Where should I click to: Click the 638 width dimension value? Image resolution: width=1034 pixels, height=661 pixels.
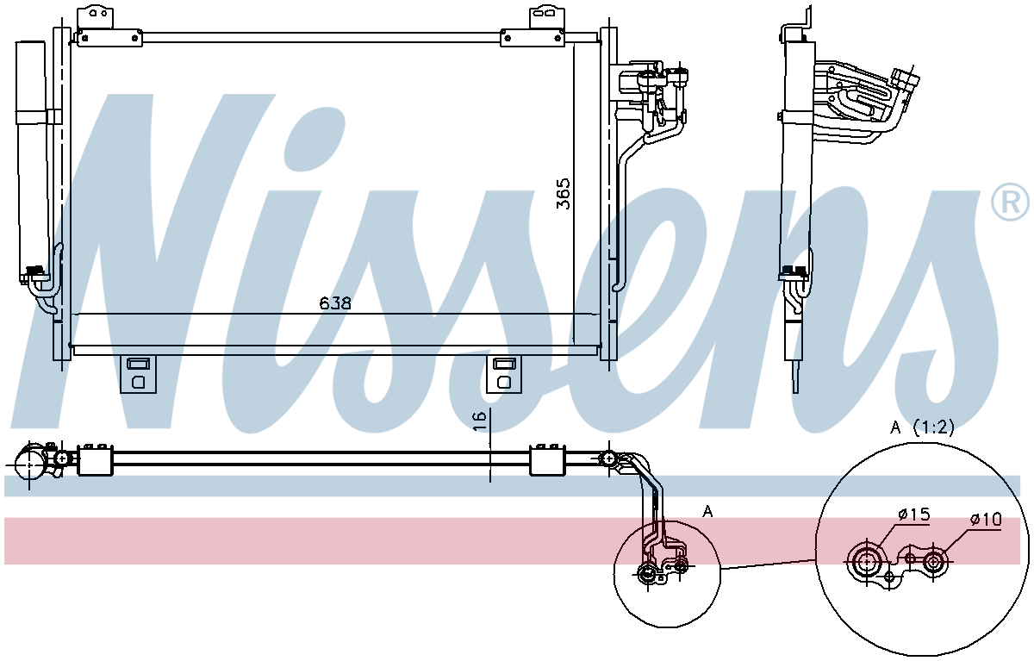point(335,303)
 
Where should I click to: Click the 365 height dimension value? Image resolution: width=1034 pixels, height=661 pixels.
point(564,194)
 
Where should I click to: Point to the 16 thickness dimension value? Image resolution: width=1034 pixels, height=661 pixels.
point(480,421)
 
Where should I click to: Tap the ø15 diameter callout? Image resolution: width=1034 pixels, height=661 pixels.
point(914,514)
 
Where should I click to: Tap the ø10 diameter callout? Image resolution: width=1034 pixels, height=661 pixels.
point(986,520)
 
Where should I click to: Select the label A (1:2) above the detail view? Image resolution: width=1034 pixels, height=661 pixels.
point(922,427)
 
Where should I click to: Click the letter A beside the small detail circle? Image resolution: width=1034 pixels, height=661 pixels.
point(707,511)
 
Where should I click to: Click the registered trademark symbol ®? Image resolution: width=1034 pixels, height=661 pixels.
point(1010,204)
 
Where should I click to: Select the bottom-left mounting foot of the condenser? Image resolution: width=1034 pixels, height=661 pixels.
point(138,374)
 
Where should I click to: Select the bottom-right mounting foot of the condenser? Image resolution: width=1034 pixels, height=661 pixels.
point(504,374)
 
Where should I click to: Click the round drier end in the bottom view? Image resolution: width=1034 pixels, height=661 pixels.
point(28,464)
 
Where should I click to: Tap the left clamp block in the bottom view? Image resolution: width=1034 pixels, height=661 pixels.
point(95,459)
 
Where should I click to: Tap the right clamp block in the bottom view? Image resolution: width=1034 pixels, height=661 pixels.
point(547,459)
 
